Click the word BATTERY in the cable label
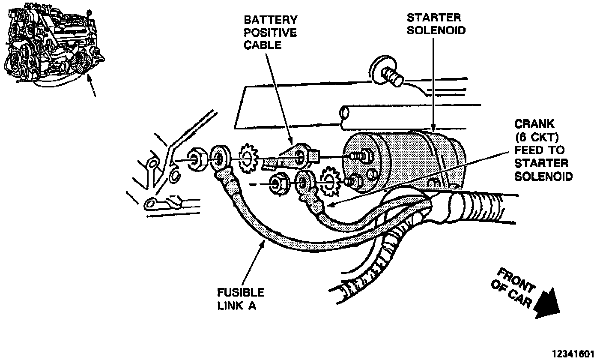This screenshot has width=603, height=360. tap(270, 20)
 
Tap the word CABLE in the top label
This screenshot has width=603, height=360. tap(263, 45)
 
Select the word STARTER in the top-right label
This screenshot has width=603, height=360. tap(433, 18)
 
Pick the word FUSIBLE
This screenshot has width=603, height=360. tap(240, 293)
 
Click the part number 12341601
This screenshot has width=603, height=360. tap(573, 354)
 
